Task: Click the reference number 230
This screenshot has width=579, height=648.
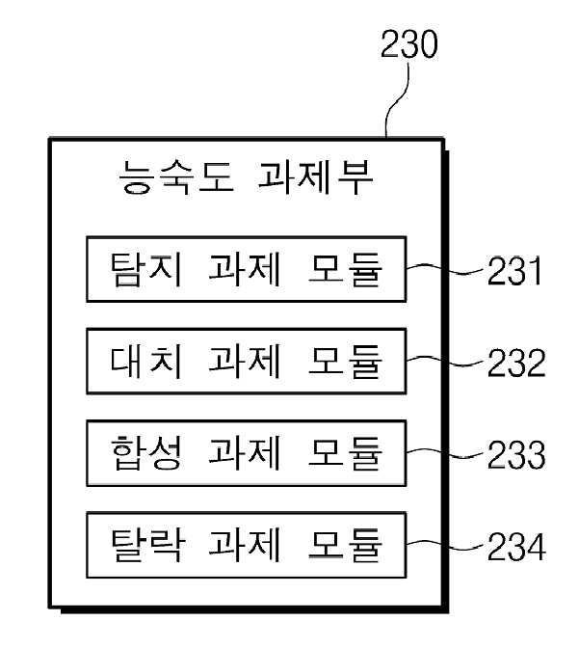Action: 408,43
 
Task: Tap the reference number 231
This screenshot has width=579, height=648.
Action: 514,271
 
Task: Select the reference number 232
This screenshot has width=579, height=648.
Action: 516,363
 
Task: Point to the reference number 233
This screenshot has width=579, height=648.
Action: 516,454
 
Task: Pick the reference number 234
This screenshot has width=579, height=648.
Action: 516,547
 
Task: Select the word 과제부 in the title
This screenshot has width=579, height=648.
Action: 316,177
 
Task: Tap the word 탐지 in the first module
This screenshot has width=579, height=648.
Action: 146,269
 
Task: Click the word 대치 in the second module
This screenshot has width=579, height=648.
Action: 146,362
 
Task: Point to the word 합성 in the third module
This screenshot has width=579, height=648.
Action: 146,453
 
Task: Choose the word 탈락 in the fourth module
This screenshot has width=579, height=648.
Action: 147,545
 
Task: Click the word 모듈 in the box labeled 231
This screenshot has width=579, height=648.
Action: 345,269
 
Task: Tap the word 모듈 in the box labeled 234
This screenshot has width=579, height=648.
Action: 345,545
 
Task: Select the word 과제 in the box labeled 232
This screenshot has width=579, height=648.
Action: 246,362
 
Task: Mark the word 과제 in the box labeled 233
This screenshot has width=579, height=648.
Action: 246,453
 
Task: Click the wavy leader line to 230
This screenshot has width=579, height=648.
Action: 396,99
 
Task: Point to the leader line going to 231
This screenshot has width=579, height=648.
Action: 444,269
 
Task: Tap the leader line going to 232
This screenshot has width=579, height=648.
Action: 444,361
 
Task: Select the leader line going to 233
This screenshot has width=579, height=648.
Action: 444,452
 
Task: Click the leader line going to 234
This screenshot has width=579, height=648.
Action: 444,545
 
